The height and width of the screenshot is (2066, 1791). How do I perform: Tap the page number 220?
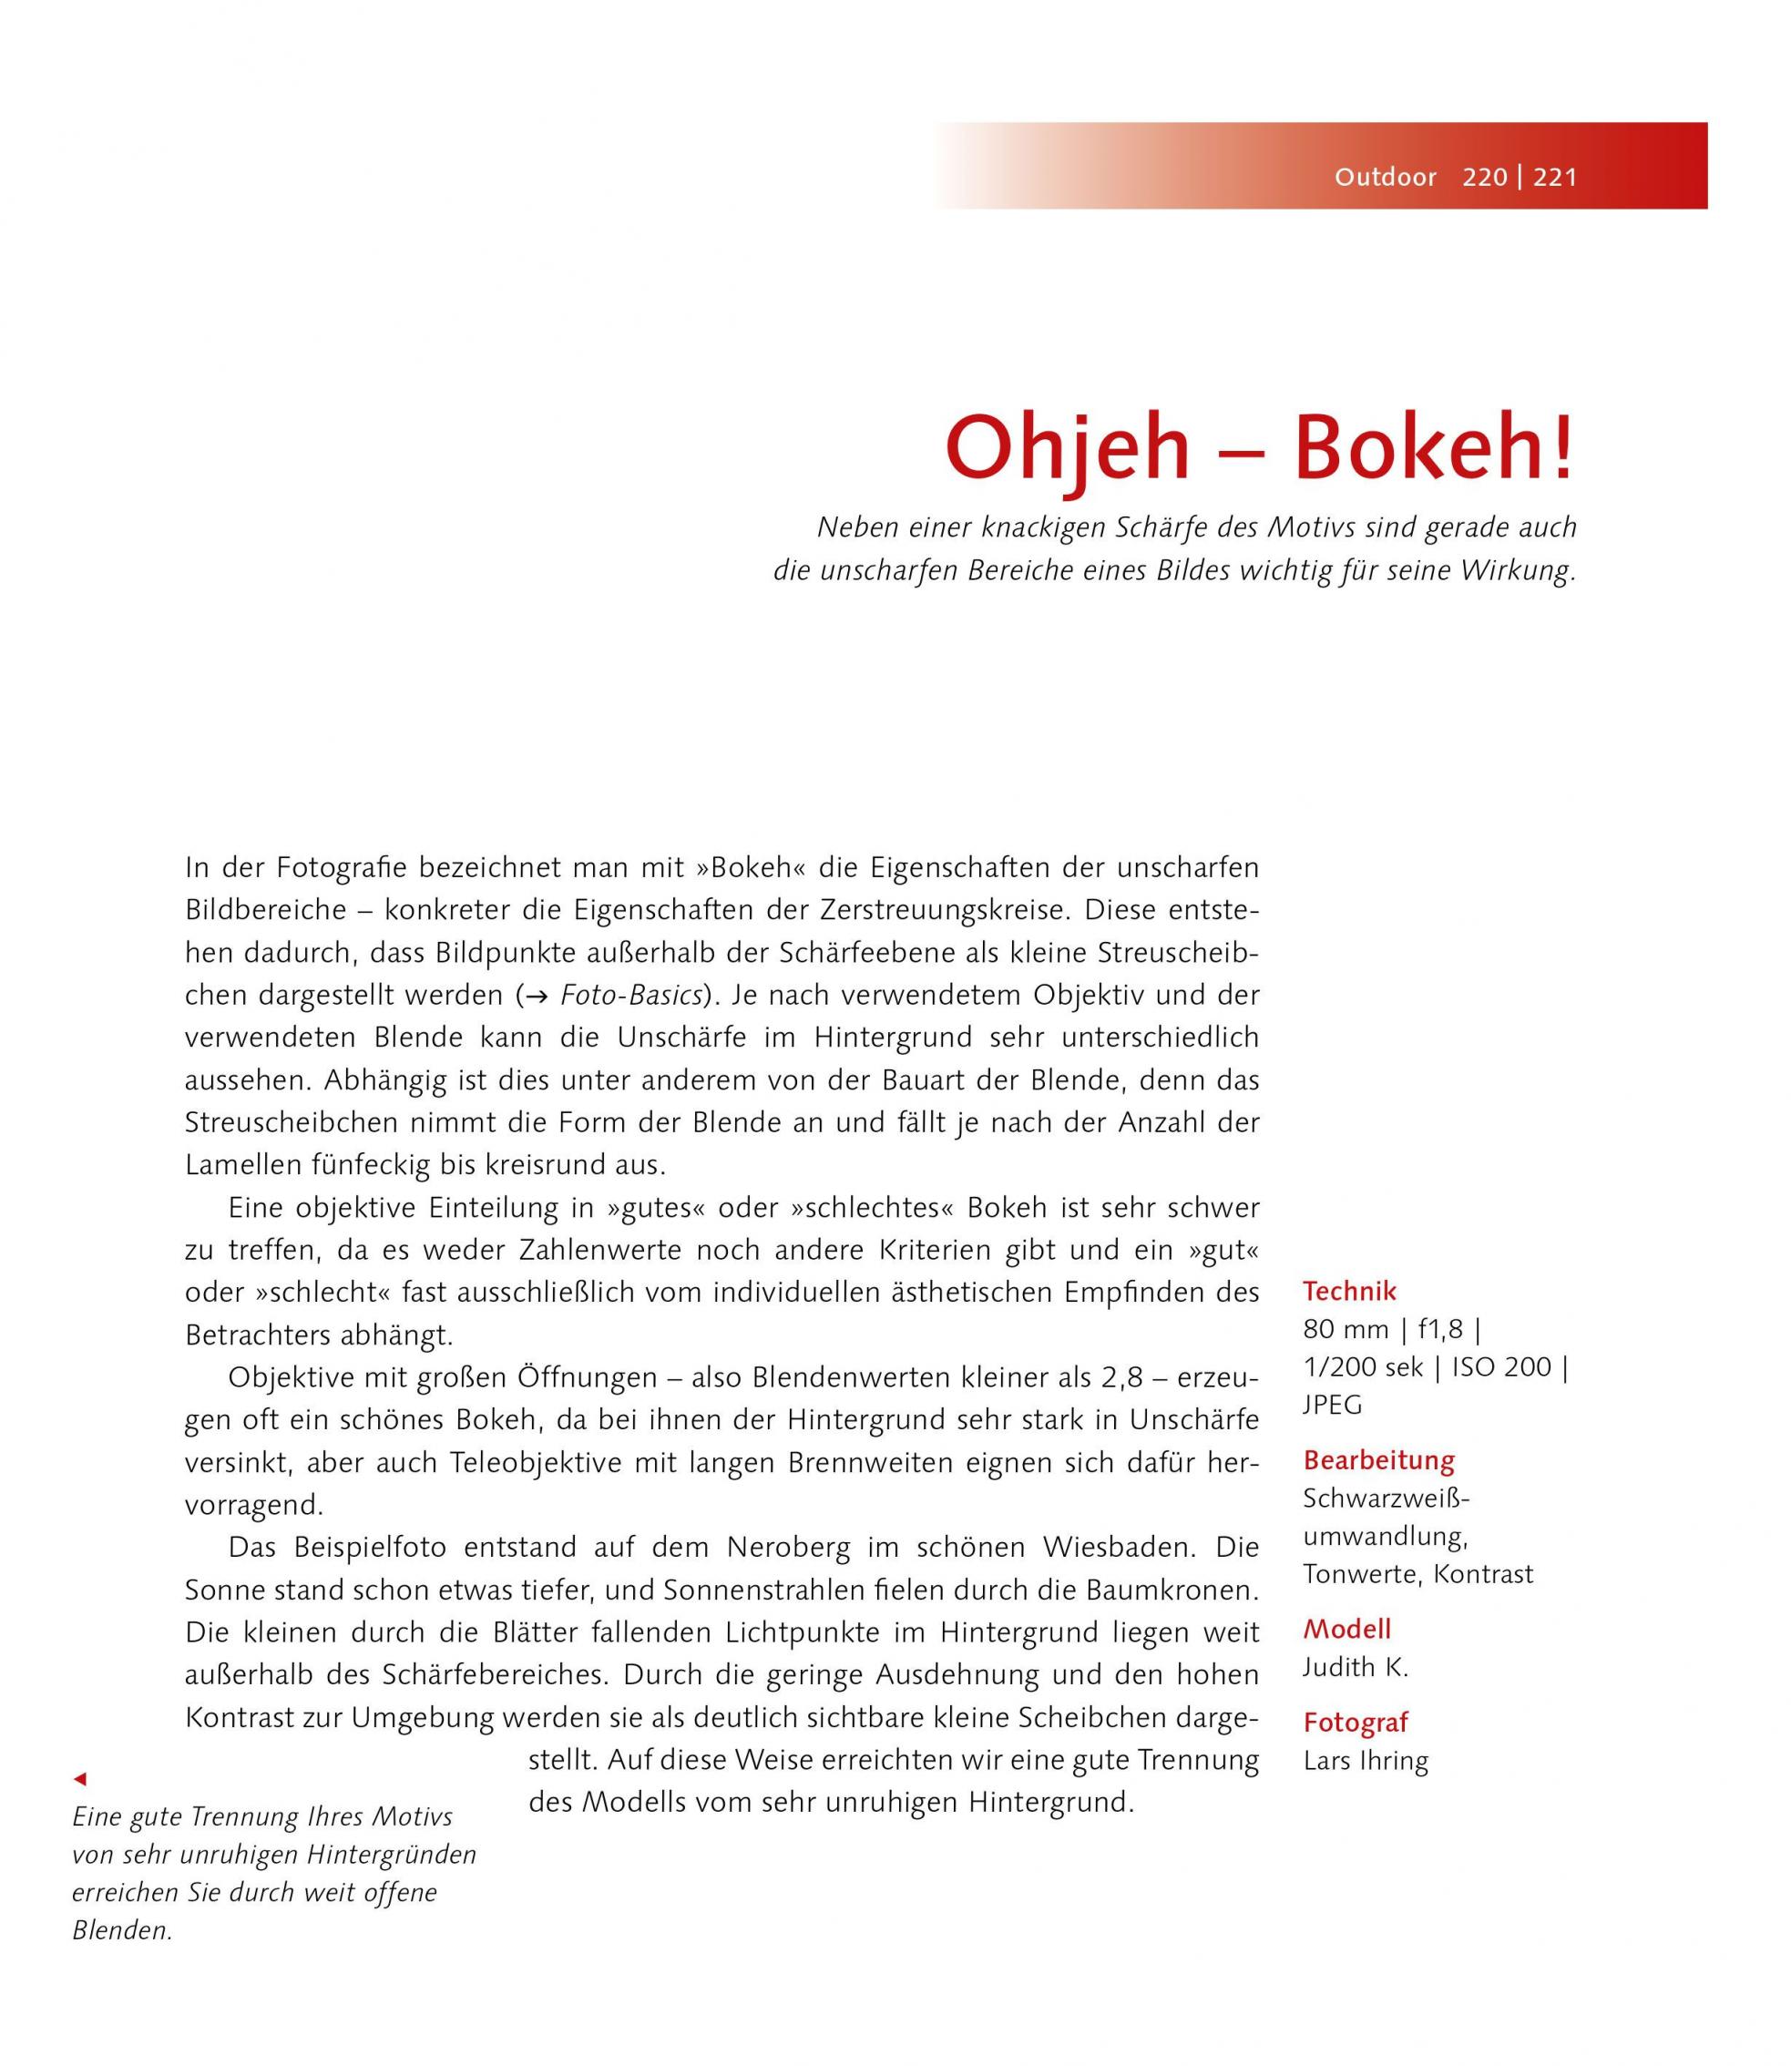(1484, 178)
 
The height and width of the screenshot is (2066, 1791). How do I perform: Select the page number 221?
(1555, 178)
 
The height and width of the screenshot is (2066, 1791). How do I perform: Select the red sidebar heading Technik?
(1349, 1292)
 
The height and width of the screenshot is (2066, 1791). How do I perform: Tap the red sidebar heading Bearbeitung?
(1378, 1460)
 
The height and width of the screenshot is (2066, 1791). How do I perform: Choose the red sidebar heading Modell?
(1346, 1630)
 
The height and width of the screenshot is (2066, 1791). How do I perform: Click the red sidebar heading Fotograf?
(1356, 1723)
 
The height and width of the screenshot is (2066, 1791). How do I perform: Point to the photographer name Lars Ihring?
(1366, 1760)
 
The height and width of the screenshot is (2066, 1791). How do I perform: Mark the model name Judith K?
(1356, 1667)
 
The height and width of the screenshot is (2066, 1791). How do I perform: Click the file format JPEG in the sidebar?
(1332, 1405)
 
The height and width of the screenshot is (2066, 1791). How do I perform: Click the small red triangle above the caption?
(81, 1779)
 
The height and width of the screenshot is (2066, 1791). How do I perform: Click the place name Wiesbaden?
(1119, 1548)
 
